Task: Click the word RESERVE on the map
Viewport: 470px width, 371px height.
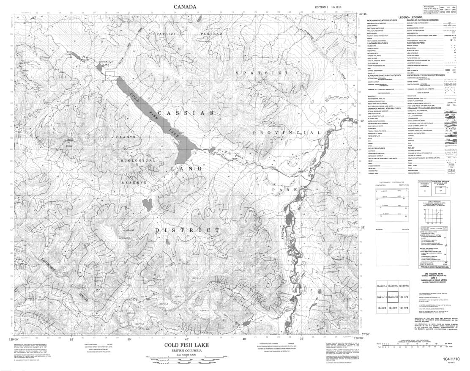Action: click(x=134, y=182)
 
